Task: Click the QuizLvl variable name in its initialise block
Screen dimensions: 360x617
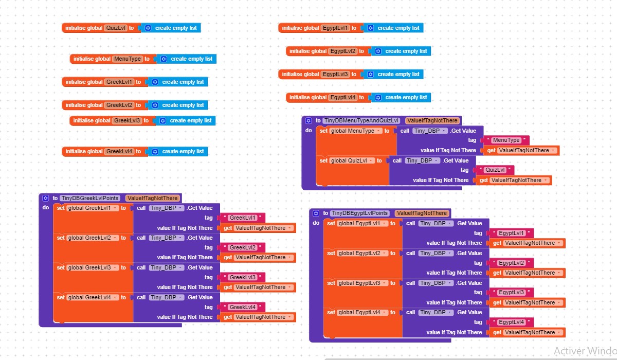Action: click(116, 28)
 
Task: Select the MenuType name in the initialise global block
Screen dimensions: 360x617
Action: click(127, 59)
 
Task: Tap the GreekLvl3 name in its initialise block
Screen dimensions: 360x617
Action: click(126, 120)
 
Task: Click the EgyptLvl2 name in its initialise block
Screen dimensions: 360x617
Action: click(343, 51)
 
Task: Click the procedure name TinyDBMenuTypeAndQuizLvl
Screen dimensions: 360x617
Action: click(361, 120)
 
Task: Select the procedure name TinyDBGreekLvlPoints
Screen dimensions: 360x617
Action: click(90, 198)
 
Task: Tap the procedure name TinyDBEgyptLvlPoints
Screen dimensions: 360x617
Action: click(360, 213)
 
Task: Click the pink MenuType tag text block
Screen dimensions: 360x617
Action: click(506, 140)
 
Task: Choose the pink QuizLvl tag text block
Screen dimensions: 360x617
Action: click(495, 170)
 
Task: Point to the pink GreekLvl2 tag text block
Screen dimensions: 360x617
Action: click(243, 247)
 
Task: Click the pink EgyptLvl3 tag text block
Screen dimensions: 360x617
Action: click(511, 293)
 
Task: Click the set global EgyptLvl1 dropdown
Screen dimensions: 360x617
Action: click(362, 223)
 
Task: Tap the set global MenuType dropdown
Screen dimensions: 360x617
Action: click(356, 131)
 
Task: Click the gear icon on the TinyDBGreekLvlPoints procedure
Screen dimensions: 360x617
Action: click(45, 198)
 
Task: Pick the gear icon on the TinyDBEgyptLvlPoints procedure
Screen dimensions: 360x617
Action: click(315, 213)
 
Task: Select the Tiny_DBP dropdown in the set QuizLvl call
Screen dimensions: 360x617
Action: click(423, 160)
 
